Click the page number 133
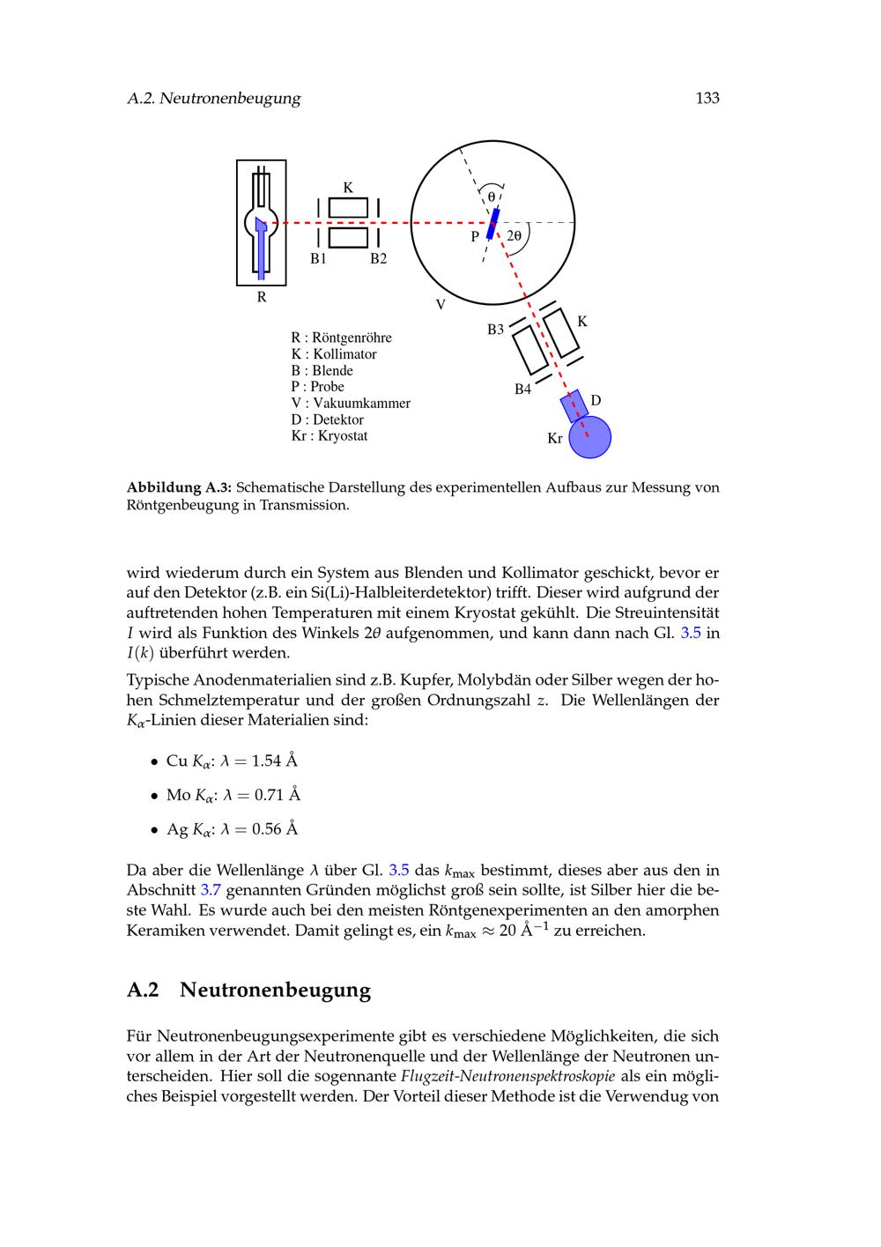[707, 99]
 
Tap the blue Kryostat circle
[589, 437]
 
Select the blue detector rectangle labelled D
[574, 405]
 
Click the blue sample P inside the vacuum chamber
[493, 222]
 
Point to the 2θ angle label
[515, 236]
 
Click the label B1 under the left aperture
[318, 259]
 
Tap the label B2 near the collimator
[378, 259]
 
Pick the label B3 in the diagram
[496, 330]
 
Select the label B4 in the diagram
[523, 389]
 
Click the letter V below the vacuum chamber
[440, 305]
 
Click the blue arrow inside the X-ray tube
[261, 247]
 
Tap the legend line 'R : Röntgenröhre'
[341, 338]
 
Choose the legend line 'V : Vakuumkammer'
[351, 404]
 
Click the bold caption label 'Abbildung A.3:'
[179, 487]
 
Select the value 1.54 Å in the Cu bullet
[275, 761]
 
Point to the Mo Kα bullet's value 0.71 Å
[278, 795]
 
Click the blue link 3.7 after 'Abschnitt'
[211, 890]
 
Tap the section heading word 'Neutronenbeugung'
[275, 990]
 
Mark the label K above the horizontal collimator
[348, 188]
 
